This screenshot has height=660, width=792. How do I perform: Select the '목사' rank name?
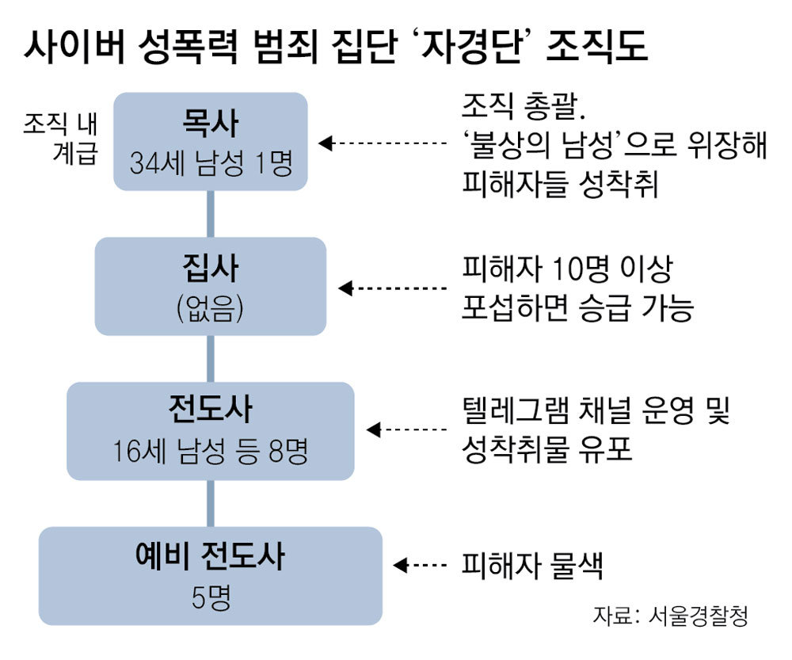[210, 124]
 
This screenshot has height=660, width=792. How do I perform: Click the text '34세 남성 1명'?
[210, 162]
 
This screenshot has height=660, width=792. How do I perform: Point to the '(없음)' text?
[210, 307]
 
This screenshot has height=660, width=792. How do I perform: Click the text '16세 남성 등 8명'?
[210, 452]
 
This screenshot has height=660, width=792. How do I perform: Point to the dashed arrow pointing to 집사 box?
[393, 288]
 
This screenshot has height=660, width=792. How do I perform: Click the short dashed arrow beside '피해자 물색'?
[420, 565]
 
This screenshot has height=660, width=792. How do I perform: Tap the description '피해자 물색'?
[532, 566]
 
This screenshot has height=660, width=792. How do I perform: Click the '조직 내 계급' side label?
[60, 138]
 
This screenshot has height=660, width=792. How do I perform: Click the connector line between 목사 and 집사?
[211, 214]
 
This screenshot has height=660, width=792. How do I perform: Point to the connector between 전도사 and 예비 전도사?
[211, 504]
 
